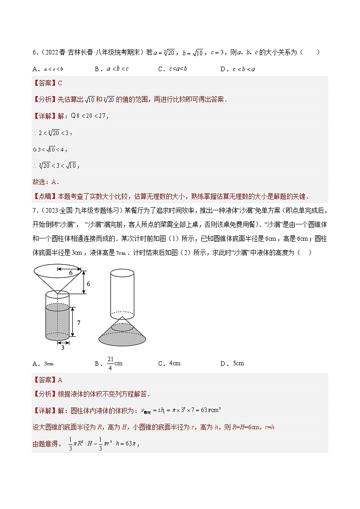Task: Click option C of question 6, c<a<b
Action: (x=172, y=69)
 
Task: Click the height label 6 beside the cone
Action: (x=88, y=283)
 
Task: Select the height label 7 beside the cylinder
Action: (x=78, y=323)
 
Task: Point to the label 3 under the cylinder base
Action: (x=62, y=348)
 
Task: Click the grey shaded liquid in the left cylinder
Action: (x=57, y=322)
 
